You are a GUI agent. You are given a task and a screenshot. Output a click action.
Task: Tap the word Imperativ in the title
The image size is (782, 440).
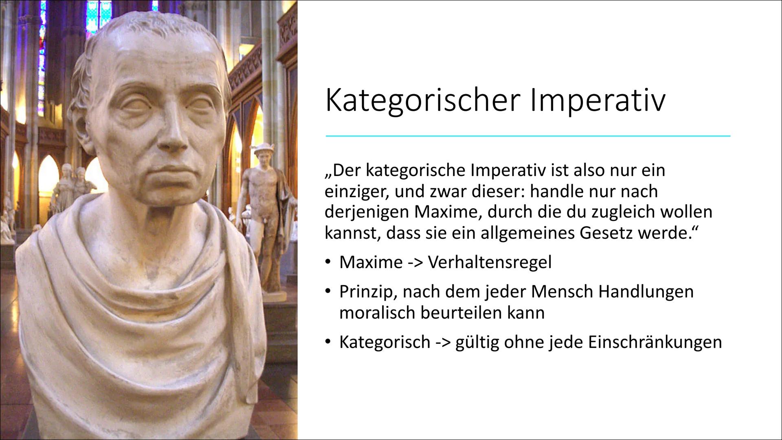pos(597,101)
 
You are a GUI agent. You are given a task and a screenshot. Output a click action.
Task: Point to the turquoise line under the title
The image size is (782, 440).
pos(528,136)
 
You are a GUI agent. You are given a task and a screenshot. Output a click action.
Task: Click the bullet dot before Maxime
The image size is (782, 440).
pos(328,262)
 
